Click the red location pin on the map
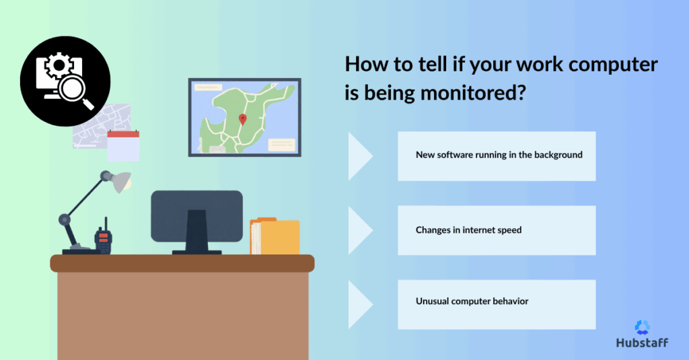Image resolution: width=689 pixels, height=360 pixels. coord(243,119)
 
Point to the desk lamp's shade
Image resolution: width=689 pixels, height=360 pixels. coord(120,181)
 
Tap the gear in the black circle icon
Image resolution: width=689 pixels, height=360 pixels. coord(57,66)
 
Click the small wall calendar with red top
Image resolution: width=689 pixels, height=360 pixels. coord(123,146)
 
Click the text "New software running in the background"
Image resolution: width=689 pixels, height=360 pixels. coord(499,155)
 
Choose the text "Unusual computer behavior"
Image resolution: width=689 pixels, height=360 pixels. coord(472,301)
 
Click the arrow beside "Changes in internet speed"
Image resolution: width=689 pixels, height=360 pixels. coord(360,230)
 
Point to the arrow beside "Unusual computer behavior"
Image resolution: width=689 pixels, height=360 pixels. coord(360,304)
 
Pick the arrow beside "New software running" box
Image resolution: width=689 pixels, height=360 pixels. coord(360,156)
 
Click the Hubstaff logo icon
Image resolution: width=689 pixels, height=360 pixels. coord(642,327)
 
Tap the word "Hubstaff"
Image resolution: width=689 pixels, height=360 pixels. coord(642,343)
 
